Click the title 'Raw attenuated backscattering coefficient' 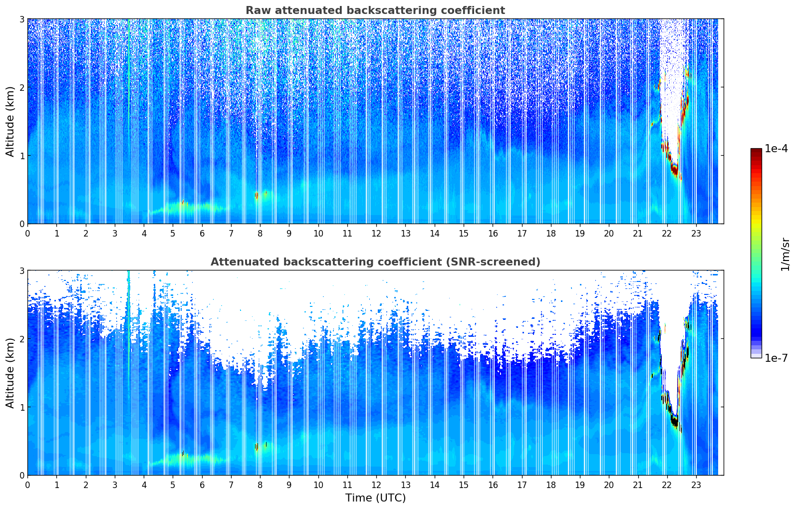tap(375, 10)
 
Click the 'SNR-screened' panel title tap(375, 262)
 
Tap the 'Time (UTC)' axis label tap(375, 498)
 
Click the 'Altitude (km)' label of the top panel tap(10, 121)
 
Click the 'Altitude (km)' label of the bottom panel tap(10, 373)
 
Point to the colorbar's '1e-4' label tap(776, 149)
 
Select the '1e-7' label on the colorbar tap(776, 358)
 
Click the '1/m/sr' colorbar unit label tap(785, 254)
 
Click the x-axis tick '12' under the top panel tap(376, 233)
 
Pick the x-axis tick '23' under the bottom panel tap(696, 485)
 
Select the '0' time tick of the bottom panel tap(27, 485)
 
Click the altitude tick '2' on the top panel tap(21, 87)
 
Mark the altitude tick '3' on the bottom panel tap(21, 270)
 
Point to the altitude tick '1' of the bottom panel tap(21, 407)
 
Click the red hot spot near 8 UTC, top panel tap(257, 195)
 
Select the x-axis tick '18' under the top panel tap(550, 233)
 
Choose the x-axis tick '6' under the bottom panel tap(202, 485)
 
